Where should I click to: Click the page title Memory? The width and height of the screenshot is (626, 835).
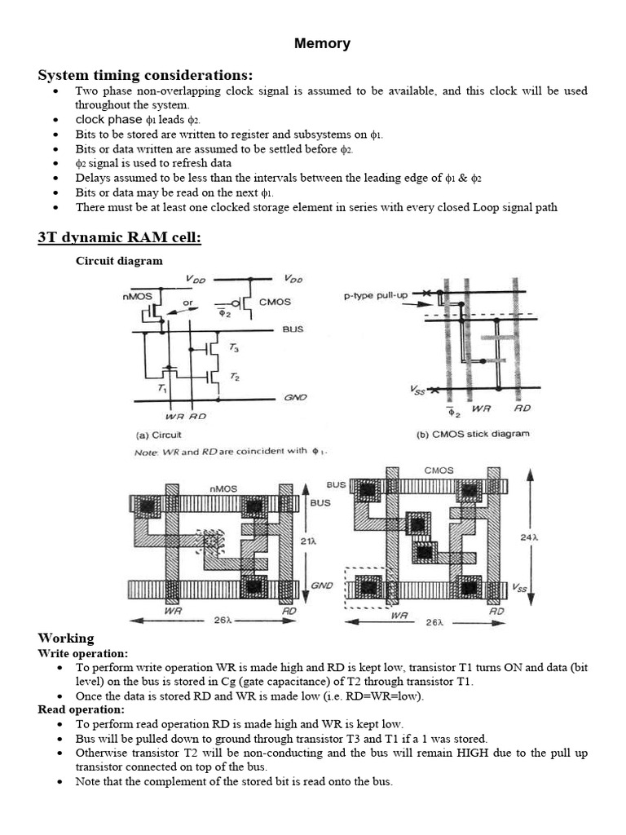click(x=322, y=44)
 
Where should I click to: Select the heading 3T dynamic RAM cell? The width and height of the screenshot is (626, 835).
click(x=119, y=237)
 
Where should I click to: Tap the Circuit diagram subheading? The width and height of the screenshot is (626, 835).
click(x=119, y=261)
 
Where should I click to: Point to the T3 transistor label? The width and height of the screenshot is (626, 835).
click(x=234, y=348)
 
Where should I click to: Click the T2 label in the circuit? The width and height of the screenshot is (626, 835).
click(x=234, y=377)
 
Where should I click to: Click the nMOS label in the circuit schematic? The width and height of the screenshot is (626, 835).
click(x=139, y=297)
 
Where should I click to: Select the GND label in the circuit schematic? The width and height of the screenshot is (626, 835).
click(x=293, y=398)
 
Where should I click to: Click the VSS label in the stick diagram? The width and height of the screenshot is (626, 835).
click(x=417, y=391)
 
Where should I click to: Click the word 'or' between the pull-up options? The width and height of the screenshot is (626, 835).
click(x=187, y=303)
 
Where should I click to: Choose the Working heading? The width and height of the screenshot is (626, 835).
click(x=66, y=638)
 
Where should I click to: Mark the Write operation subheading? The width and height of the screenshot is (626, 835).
click(x=83, y=653)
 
